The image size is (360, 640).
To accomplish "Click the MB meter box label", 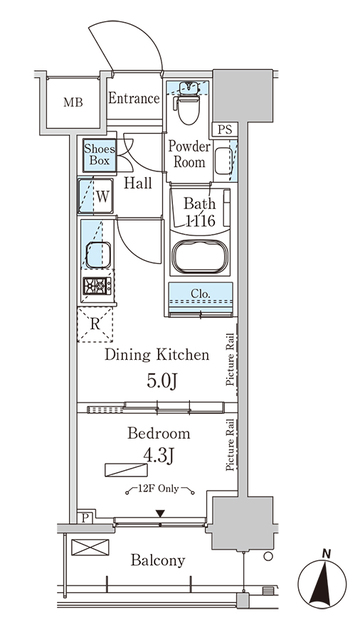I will [74, 102].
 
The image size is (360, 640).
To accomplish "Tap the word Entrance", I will [133, 99].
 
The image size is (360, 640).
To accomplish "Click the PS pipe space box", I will [224, 129].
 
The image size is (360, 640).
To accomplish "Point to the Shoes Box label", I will [99, 156].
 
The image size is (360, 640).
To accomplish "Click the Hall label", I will [138, 183].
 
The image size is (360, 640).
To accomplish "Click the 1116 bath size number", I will [200, 223].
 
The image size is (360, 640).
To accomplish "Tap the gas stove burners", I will [97, 288].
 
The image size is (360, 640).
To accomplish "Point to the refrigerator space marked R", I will [96, 324].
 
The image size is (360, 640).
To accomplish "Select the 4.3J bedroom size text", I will [156, 458].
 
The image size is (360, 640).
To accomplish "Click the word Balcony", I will [157, 561].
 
